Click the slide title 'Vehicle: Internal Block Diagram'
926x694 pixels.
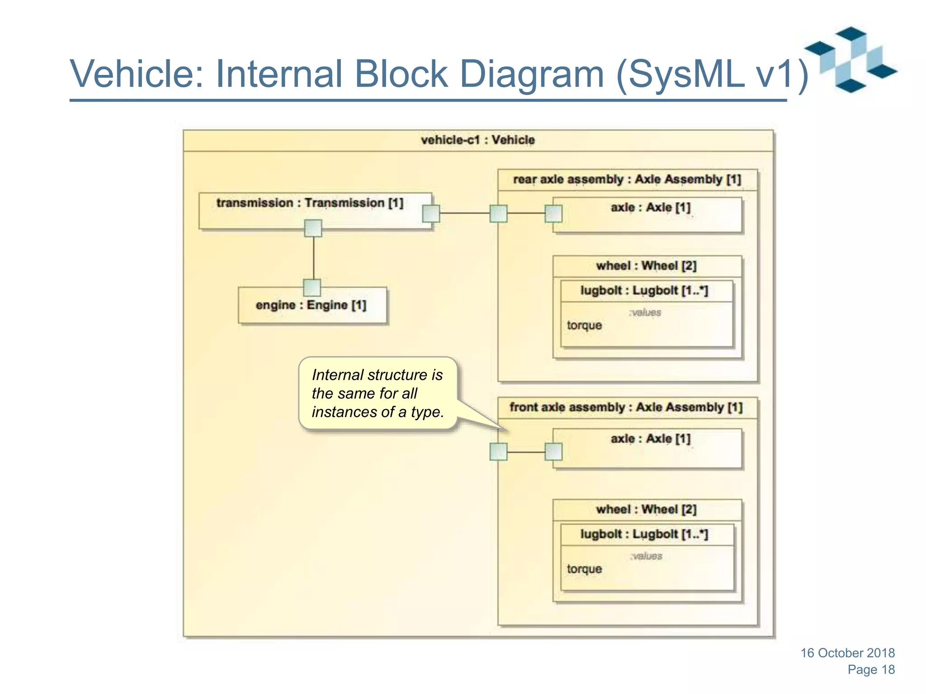click(439, 75)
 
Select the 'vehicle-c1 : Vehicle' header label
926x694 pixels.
click(477, 140)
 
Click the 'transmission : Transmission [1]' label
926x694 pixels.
click(310, 203)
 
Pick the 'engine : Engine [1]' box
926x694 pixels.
click(312, 305)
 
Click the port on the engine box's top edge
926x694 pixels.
click(312, 287)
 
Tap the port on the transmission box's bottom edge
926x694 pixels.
click(313, 228)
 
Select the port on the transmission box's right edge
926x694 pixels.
click(431, 213)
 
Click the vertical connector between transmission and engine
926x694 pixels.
click(313, 258)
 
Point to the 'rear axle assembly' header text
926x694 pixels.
click(627, 179)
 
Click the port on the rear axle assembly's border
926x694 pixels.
click(498, 213)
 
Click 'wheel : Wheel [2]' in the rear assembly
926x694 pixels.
click(646, 266)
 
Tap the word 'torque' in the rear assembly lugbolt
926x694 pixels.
click(584, 325)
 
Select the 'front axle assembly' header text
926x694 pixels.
click(626, 408)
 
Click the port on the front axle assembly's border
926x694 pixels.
click(498, 451)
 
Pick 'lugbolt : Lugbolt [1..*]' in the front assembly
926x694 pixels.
click(644, 534)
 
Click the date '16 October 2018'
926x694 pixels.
click(847, 653)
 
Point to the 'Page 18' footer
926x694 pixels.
click(871, 670)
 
